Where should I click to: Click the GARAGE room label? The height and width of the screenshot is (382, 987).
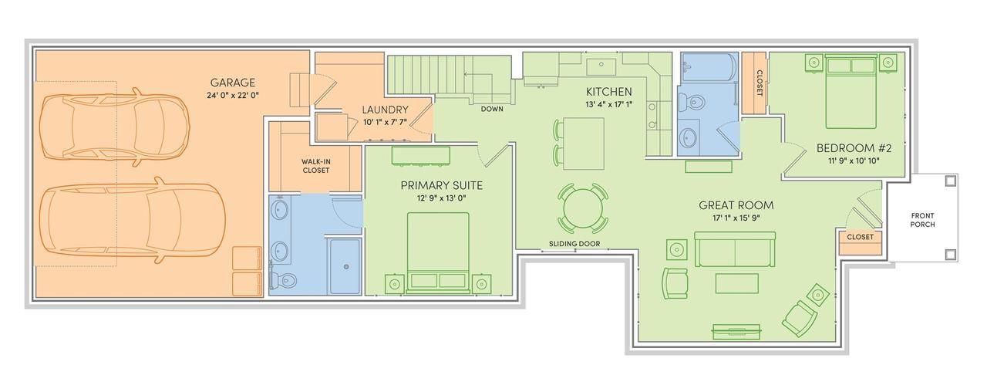233,83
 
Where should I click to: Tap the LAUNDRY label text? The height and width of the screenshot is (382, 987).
385,110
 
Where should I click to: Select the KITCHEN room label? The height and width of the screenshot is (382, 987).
609,92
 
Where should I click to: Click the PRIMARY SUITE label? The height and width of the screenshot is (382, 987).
442,186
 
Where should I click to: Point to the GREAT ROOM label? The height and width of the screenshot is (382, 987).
736,205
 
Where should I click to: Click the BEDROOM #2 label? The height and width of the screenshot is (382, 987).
854,148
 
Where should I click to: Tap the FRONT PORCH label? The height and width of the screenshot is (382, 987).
923,220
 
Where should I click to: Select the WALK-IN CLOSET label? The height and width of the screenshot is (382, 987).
316,166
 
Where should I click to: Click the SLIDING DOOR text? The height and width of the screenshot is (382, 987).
574,244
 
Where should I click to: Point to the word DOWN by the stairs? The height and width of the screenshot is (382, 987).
492,109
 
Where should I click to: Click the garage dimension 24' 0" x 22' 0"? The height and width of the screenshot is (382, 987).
233,95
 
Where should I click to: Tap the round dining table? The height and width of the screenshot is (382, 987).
583,208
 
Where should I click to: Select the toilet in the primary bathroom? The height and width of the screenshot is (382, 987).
283,279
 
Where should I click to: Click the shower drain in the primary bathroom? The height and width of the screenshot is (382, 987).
346,267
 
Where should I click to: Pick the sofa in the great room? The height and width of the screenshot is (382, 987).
735,249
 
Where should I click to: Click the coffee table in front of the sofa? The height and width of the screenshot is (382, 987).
736,283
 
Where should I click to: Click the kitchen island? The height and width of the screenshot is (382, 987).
584,144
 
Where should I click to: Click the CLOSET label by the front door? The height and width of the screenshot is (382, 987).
860,238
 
